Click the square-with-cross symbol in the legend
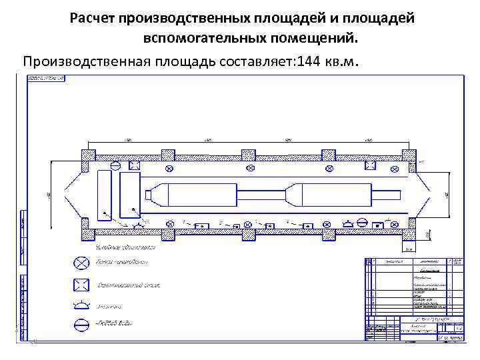(x=81, y=285)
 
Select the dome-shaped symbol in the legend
(x=81, y=305)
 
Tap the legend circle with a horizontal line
(x=81, y=326)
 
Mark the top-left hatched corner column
(x=89, y=155)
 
